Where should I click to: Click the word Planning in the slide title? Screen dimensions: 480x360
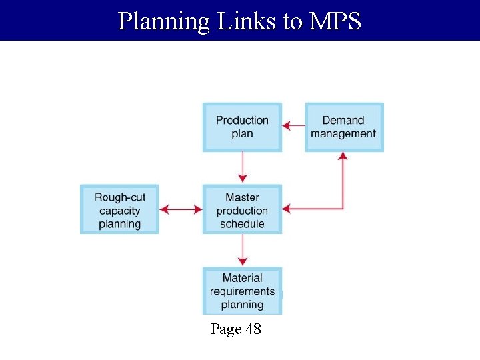[x=163, y=21]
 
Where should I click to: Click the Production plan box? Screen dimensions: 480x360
[x=242, y=127]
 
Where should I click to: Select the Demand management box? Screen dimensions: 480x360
[x=344, y=127]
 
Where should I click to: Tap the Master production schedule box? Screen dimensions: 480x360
[x=242, y=209]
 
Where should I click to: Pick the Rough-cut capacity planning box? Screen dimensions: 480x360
[x=119, y=209]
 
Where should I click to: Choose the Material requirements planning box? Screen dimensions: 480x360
[x=242, y=291]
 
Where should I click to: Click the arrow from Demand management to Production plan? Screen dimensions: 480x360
[x=293, y=125]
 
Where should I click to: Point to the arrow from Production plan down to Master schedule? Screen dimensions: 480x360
[x=243, y=167]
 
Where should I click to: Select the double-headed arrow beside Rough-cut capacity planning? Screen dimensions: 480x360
[x=181, y=209]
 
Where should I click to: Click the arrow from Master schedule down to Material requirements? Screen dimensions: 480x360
[x=243, y=249]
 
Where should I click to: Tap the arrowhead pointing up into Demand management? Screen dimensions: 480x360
[x=343, y=157]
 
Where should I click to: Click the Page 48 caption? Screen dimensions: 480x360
[x=236, y=329]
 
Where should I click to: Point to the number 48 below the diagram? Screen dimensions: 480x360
[x=253, y=329]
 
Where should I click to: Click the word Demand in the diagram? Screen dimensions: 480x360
[x=343, y=121]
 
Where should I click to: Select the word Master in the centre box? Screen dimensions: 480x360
[x=242, y=197]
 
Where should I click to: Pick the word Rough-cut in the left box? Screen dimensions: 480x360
[x=120, y=197]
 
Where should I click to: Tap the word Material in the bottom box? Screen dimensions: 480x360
[x=242, y=278]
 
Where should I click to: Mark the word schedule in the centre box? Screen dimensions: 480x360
[x=242, y=224]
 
